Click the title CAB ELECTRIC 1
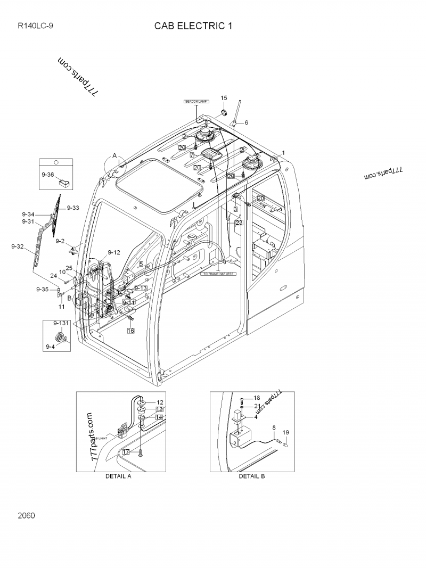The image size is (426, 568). coord(193,26)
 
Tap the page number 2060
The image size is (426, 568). coord(26,515)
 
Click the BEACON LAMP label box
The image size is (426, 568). coord(195,101)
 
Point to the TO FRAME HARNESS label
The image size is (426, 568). coord(218,274)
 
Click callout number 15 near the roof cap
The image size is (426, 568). coord(224,98)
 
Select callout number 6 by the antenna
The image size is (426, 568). coord(246,122)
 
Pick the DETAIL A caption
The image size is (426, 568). coord(118,476)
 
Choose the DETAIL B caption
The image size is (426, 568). coord(251,476)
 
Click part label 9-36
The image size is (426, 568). coord(47,175)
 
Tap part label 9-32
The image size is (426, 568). coord(18,246)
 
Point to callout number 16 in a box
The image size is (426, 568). coord(130,331)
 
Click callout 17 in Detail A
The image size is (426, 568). coord(126,451)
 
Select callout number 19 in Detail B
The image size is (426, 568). coord(285,432)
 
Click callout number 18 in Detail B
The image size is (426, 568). coord(257,398)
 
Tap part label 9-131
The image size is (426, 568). coord(61,323)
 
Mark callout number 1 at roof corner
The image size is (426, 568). coord(283,153)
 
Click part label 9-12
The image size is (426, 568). coord(114,252)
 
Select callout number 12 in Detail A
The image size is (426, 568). coord(159,402)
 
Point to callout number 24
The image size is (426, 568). coord(53,276)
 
